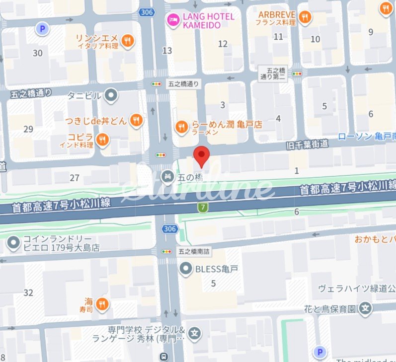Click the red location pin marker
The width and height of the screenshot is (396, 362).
(201, 156)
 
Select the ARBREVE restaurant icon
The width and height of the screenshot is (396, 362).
(305, 17)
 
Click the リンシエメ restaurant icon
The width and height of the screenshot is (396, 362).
(128, 41)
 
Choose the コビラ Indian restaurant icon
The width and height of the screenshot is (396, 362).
(103, 141)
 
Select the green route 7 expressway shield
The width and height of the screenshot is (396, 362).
(203, 208)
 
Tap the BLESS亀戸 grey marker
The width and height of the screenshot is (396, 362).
(186, 269)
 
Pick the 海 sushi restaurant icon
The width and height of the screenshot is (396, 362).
(102, 303)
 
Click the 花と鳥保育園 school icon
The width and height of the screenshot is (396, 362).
(366, 308)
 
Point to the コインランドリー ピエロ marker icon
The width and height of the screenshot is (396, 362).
(13, 243)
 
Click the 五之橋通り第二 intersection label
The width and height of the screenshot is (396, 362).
(273, 74)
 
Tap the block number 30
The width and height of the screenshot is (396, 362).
(37, 53)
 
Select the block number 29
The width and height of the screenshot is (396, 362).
(28, 129)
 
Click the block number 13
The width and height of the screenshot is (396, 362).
(167, 50)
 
